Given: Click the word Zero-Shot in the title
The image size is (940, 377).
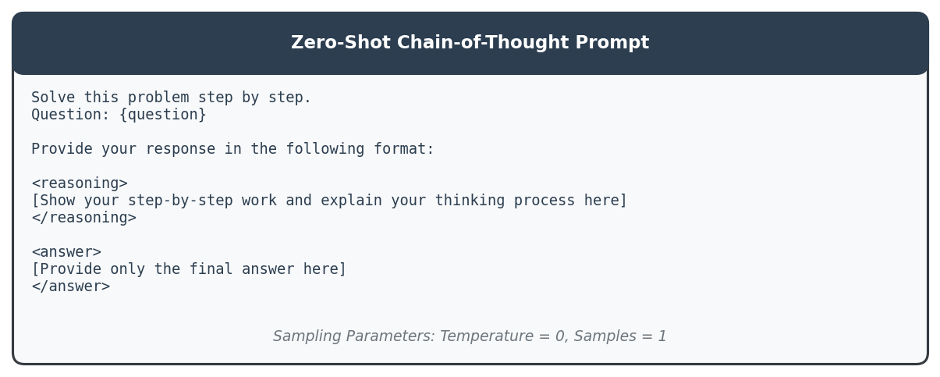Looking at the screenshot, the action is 341,42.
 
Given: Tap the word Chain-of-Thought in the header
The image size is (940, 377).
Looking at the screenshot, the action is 483,42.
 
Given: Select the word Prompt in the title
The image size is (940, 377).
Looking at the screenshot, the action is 612,43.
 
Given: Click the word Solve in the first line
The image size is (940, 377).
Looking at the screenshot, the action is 53,98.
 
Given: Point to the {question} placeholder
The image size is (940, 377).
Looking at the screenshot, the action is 163,115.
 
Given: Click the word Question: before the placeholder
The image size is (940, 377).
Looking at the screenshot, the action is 71,115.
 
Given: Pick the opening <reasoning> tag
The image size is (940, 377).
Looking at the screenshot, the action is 80,183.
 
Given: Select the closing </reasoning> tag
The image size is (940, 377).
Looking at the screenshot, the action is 84,218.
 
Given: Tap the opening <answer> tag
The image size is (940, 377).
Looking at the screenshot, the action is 67,252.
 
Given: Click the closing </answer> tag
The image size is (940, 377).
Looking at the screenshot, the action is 71,286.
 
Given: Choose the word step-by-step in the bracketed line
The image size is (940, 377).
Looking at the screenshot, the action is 180,201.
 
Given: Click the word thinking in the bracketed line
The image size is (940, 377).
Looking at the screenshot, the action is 470,201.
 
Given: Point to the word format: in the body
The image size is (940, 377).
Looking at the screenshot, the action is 404,149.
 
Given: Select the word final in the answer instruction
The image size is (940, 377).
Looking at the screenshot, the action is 211,269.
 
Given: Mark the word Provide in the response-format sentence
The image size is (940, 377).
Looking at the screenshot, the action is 62,149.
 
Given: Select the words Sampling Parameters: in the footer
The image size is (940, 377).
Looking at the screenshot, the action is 353,336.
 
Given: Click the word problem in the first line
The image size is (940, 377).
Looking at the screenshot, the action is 158,98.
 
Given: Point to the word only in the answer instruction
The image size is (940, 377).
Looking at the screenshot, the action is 128,269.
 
